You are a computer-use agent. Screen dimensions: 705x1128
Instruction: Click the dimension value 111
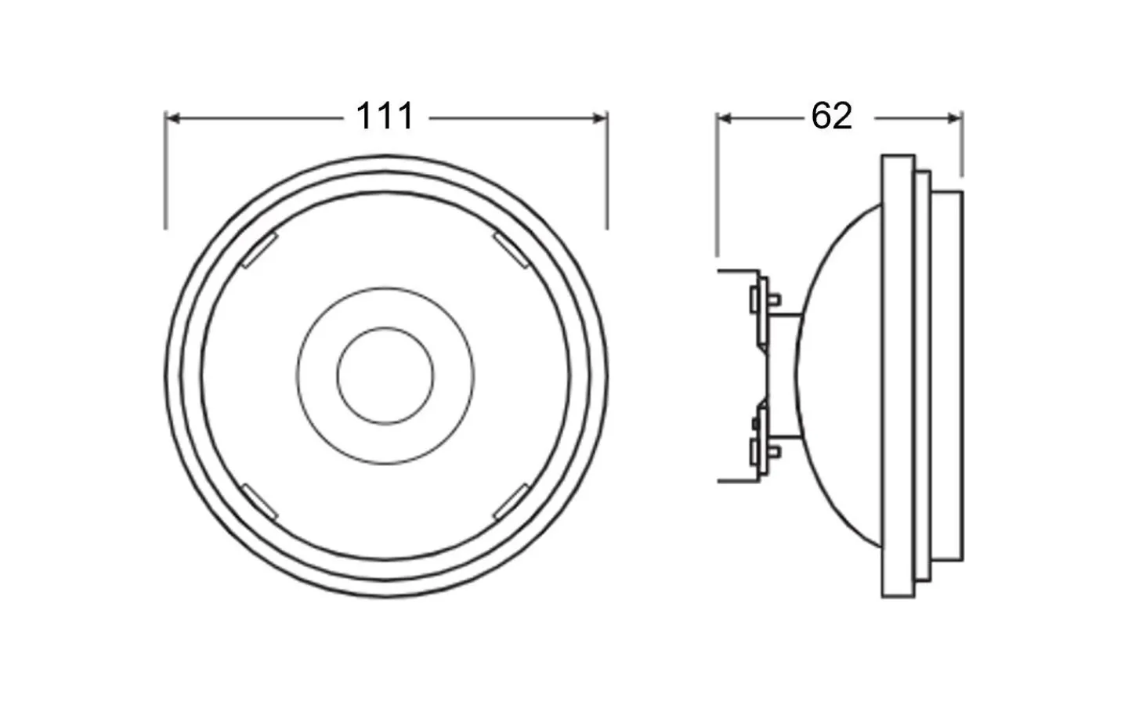[x=385, y=117]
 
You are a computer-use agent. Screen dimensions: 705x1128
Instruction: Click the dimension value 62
[x=831, y=117]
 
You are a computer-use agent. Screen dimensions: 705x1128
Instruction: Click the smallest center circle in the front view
[x=385, y=376]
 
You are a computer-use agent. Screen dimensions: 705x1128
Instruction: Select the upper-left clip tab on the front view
[x=258, y=251]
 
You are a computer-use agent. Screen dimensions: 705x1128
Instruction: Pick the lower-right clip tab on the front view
[x=512, y=501]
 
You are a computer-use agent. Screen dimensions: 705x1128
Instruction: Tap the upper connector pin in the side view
[x=736, y=271]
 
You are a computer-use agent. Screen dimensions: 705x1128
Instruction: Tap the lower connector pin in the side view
[x=736, y=480]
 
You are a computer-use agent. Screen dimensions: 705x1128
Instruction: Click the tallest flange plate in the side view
[x=898, y=376]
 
